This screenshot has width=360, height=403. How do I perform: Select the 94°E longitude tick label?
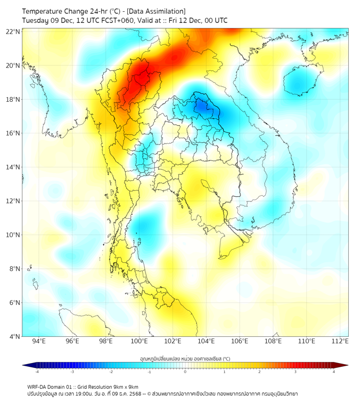[x=39, y=342]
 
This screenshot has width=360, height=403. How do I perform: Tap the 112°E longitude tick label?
[x=340, y=342]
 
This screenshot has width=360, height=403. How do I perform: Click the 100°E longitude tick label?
[x=140, y=342]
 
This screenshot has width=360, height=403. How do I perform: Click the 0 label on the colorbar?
[x=185, y=372]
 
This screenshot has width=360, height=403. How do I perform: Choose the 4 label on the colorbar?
[x=334, y=372]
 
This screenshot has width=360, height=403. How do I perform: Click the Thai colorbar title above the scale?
[x=185, y=358]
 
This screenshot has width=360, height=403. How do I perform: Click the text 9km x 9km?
[x=126, y=386]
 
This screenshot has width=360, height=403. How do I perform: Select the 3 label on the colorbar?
[x=297, y=372]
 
